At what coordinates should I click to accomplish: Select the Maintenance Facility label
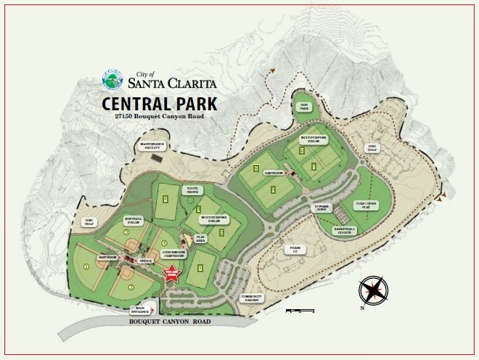pos(152,145)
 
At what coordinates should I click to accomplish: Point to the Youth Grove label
pos(193,190)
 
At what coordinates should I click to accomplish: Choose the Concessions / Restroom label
pos(173,252)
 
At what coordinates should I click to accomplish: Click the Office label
pos(146,259)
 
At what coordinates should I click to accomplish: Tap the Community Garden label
pos(253,298)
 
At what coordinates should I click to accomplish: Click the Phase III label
pos(295,249)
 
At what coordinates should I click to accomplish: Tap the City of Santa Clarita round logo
pos(113,78)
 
